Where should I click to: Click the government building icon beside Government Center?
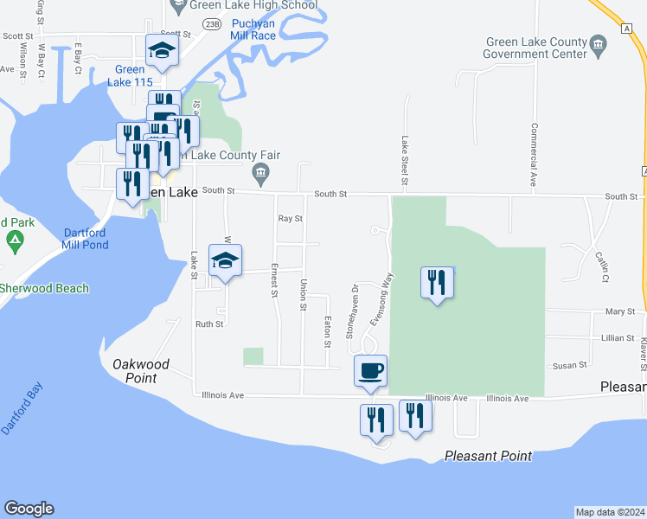[597, 43]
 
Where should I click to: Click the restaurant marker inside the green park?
[437, 282]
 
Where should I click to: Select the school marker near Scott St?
[162, 50]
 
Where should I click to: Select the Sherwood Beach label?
[43, 288]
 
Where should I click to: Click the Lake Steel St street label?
[404, 160]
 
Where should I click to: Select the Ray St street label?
[290, 219]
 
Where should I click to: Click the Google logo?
[29, 509]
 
